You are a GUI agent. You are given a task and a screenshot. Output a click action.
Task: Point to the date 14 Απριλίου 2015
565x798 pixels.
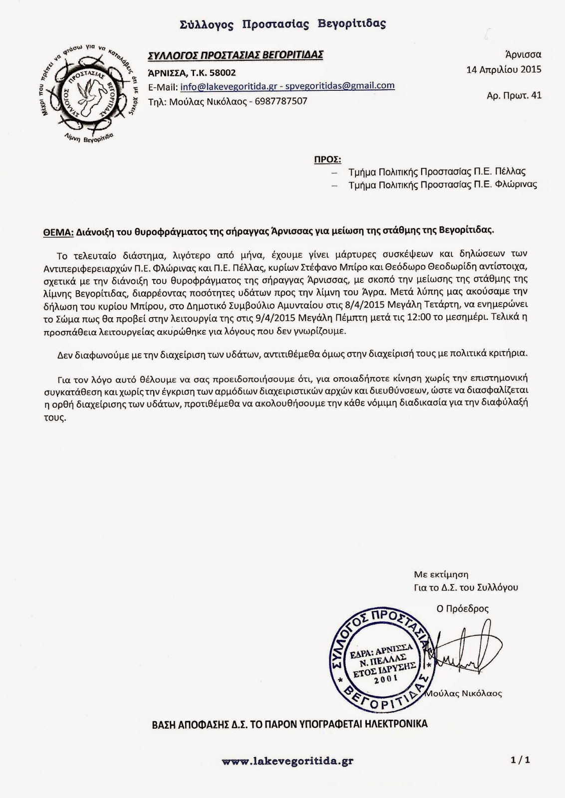tap(504, 70)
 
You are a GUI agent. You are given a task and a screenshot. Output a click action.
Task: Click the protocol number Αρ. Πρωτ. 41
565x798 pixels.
tap(514, 95)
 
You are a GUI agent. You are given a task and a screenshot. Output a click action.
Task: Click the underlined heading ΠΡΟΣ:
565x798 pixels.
tap(327, 160)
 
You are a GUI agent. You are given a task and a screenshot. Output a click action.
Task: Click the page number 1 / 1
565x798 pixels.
tap(520, 760)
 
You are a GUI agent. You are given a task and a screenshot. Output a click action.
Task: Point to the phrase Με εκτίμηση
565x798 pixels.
tap(441, 575)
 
